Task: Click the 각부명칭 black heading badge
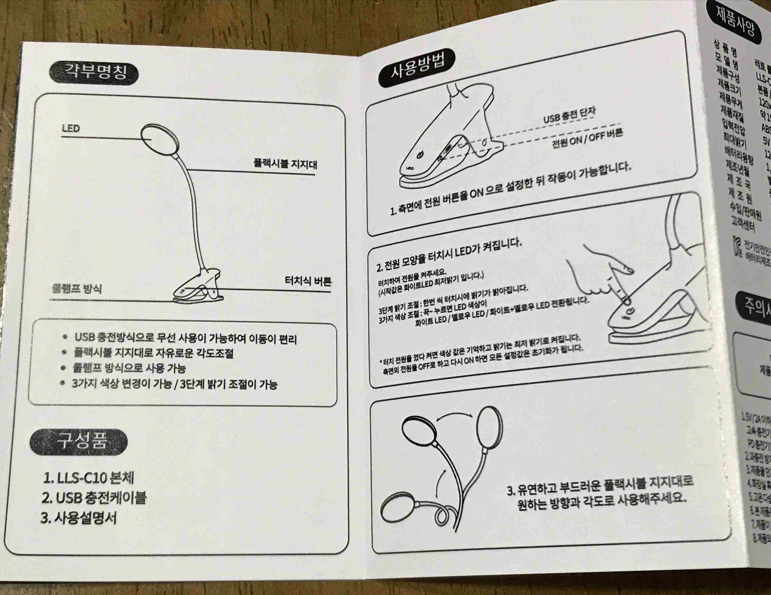coord(93,73)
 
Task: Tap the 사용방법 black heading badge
coord(417,68)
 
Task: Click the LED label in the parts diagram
coord(71,129)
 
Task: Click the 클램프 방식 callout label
coord(77,289)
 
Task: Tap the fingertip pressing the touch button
coord(625,300)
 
